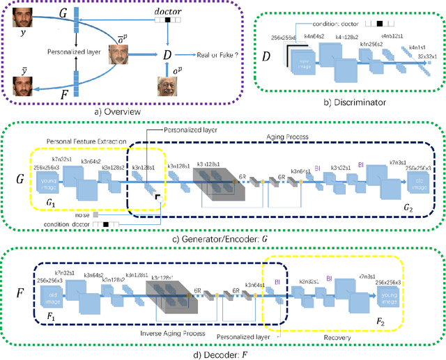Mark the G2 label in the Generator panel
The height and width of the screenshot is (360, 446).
point(412,207)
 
